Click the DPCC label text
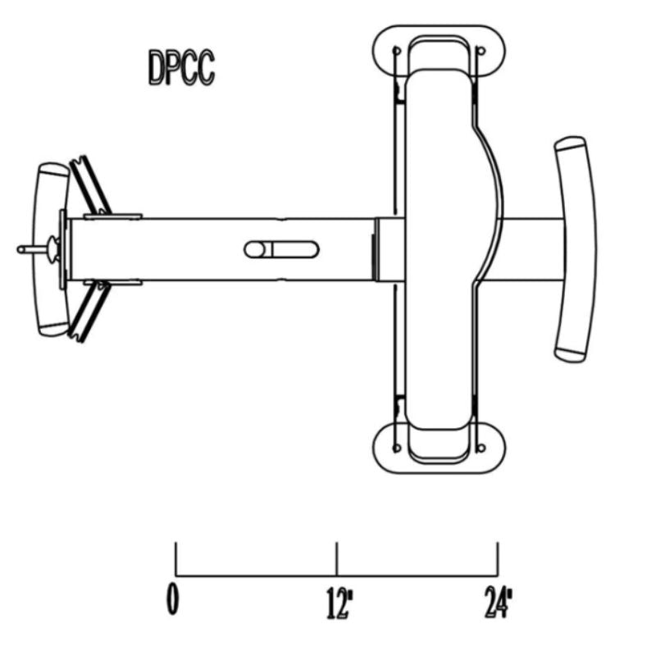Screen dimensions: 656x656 click(181, 67)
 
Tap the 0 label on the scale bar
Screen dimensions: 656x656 click(172, 599)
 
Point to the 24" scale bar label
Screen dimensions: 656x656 click(499, 602)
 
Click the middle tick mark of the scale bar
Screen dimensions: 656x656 click(337, 559)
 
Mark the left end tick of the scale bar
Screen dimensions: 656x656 click(175, 559)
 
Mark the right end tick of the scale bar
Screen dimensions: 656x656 click(498, 559)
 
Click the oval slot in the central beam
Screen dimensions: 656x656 click(281, 250)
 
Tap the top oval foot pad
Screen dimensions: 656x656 click(439, 51)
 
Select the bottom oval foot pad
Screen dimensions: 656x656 click(439, 448)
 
